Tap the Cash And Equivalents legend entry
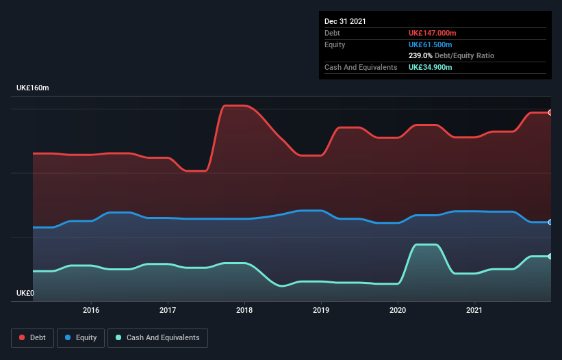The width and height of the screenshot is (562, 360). click(157, 337)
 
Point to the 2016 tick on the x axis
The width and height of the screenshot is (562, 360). click(91, 310)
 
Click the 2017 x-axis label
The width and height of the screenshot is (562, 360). click(168, 310)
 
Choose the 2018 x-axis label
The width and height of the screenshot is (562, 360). click(244, 310)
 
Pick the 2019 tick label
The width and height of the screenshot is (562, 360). click(321, 310)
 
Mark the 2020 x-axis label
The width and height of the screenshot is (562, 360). click(398, 310)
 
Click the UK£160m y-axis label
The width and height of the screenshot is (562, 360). click(33, 88)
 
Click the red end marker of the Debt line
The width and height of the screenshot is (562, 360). click(550, 112)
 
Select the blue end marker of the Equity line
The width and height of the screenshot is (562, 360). click(550, 222)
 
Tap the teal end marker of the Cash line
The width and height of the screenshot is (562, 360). click(550, 257)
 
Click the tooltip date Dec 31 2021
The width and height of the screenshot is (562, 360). click(345, 21)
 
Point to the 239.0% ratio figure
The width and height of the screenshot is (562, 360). click(420, 55)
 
